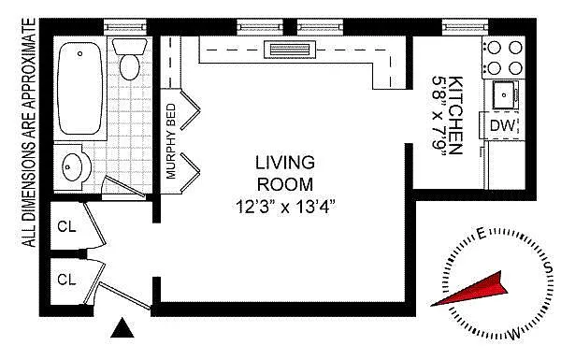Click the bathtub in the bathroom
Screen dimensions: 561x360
point(79,88)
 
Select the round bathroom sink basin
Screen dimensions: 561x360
point(72,166)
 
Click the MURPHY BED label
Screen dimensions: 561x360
point(171,141)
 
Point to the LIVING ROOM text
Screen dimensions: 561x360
point(285,173)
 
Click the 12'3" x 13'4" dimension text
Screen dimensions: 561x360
point(285,207)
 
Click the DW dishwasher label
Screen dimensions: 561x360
point(502,125)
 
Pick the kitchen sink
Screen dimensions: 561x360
point(505,94)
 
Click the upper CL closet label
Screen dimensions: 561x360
point(67,226)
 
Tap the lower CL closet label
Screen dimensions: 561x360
point(67,280)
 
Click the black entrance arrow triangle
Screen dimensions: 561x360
point(122,327)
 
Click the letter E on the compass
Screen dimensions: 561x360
point(482,234)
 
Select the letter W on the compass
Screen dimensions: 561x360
point(513,335)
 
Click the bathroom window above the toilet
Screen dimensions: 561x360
point(125,27)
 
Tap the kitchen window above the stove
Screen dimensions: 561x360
point(465,27)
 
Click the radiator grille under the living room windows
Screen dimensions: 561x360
point(290,50)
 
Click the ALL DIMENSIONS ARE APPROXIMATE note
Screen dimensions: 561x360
point(29,133)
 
